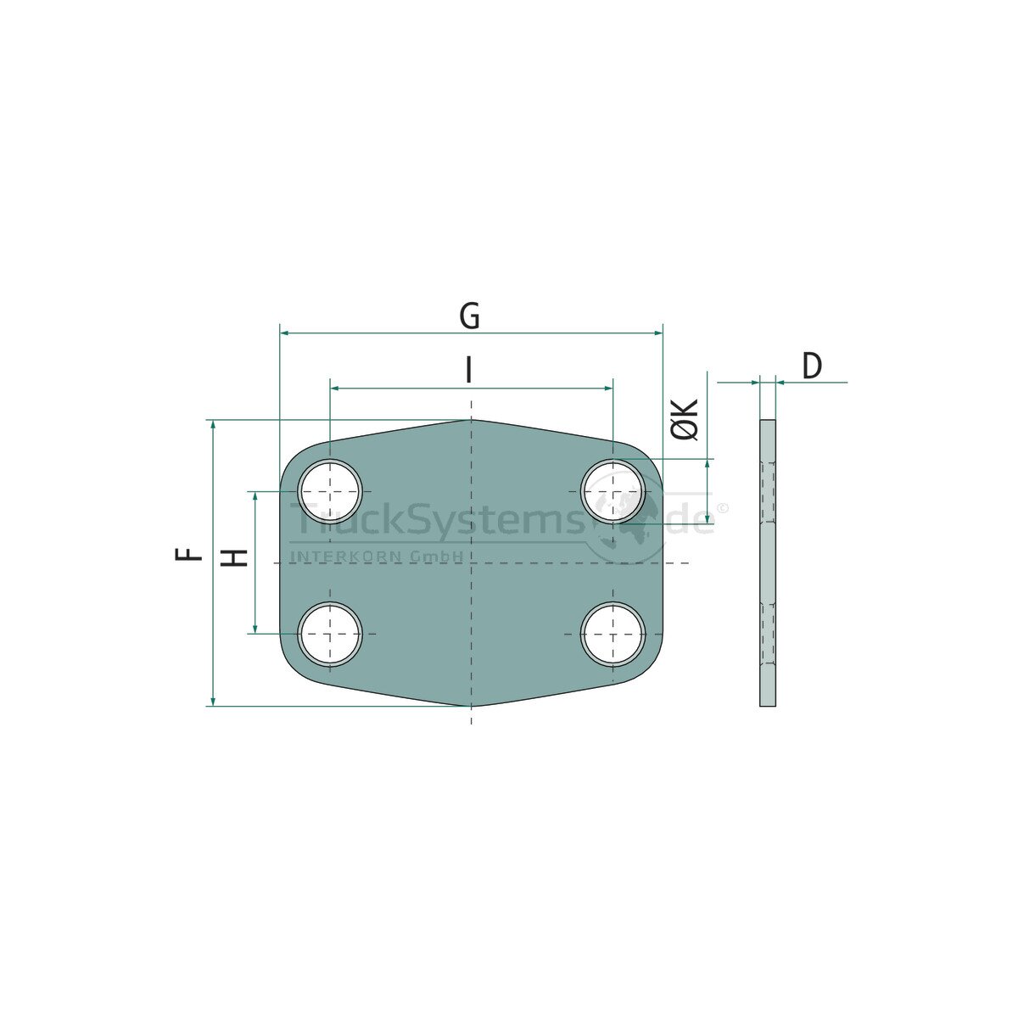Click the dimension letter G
(469, 316)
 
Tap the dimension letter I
(468, 369)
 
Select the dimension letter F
(188, 554)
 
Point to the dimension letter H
(234, 557)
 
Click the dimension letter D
(812, 366)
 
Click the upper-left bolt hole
(330, 491)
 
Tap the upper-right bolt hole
(612, 491)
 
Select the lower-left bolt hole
(330, 634)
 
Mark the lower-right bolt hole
(612, 634)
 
